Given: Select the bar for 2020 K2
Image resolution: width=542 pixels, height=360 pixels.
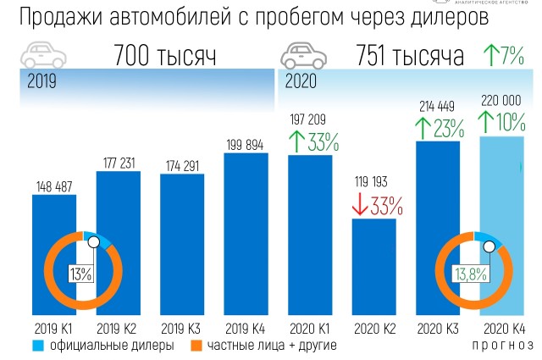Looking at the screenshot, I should [x=374, y=266].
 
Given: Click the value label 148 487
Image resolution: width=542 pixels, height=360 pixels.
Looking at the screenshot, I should [x=54, y=186].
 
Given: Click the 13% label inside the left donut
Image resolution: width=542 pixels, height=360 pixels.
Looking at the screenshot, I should [x=81, y=273].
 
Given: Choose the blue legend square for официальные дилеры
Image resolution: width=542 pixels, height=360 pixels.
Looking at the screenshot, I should [x=37, y=346].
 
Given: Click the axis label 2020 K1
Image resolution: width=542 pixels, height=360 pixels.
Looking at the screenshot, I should [x=310, y=328].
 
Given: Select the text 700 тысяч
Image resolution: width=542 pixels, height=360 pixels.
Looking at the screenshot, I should [x=165, y=58].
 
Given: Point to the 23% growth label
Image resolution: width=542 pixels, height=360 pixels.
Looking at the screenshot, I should [x=449, y=129].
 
